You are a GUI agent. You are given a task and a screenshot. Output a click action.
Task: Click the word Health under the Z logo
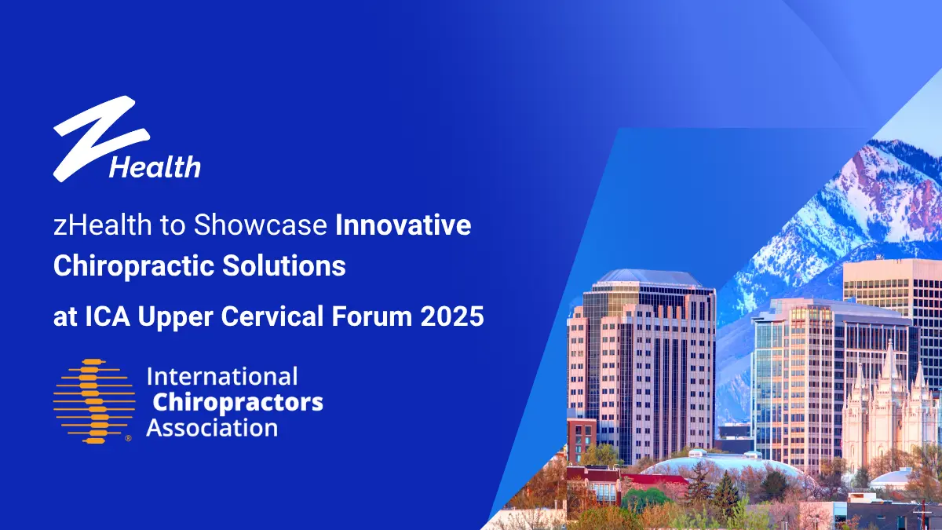[x=155, y=166]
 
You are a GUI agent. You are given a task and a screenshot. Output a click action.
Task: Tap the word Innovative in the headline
[x=403, y=226]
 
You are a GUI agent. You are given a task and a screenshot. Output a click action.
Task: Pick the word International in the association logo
[x=222, y=376]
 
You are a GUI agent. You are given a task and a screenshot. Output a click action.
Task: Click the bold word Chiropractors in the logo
[x=237, y=402]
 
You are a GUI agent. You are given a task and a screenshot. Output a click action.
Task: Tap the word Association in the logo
[x=212, y=428]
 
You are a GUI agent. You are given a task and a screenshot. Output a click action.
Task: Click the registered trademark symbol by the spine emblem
[x=128, y=439]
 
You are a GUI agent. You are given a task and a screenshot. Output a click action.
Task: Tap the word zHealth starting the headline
[x=103, y=226]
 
